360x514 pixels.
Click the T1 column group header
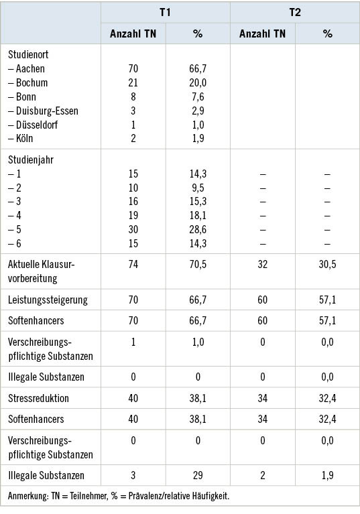click(165, 13)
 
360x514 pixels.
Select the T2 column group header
click(295, 13)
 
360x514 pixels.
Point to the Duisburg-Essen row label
click(43, 111)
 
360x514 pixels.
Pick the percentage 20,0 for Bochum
click(198, 82)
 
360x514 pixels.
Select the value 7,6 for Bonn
click(198, 97)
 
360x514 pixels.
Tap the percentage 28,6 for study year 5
click(198, 230)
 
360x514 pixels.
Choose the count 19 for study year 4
click(133, 216)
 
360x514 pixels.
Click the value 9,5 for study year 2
click(198, 188)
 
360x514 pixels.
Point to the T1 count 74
click(133, 264)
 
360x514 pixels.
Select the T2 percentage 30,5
click(327, 264)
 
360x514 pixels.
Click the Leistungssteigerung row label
click(48, 300)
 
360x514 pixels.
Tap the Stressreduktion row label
click(39, 398)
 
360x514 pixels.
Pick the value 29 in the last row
click(198, 475)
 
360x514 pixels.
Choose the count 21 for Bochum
click(133, 82)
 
